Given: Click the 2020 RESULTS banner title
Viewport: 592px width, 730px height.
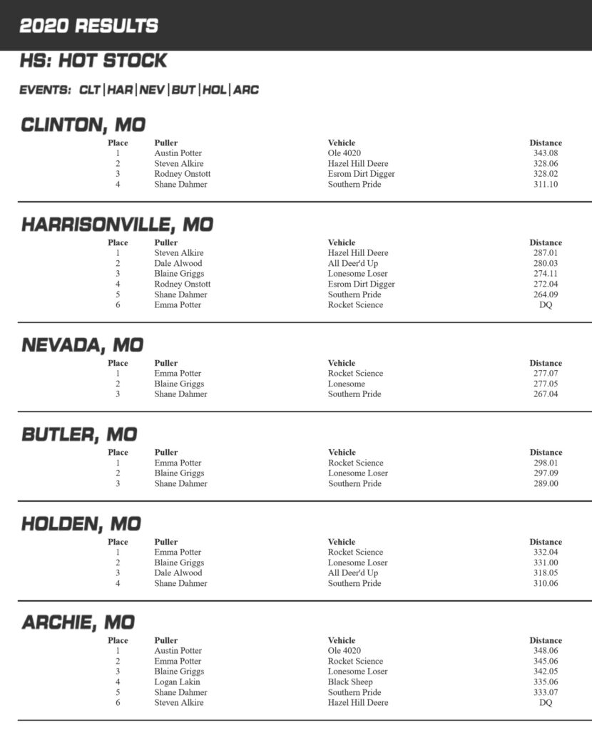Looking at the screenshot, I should point(88,26).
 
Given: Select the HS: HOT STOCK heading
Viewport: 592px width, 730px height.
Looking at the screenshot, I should point(93,61).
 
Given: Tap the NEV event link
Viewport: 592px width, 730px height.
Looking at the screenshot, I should point(152,91).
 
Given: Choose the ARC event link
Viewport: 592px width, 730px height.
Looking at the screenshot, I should point(246,91).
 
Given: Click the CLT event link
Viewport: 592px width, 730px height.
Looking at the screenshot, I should point(90,91).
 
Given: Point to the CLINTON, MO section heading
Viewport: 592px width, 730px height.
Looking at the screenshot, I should point(83,125).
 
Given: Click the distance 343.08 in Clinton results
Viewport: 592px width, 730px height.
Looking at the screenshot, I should point(546,153).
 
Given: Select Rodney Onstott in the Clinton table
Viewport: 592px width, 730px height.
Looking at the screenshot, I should point(182,174).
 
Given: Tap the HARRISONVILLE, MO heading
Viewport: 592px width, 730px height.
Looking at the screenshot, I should point(117,225).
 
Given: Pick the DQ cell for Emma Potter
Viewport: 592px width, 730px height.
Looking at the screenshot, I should point(546,305).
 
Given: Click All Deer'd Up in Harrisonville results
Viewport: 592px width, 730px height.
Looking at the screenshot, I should point(353,263).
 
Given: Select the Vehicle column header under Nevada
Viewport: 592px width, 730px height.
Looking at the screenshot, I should point(342,363).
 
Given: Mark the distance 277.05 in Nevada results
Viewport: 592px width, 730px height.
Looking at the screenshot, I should point(546,384).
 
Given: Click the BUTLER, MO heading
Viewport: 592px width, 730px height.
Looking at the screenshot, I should point(79,434).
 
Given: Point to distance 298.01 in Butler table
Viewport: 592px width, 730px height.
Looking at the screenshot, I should point(546,463).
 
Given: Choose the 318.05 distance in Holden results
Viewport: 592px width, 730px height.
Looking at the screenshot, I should point(546,572).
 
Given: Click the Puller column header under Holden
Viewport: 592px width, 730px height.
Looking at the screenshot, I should point(166,542).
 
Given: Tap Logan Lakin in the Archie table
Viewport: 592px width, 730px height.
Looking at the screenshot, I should point(177,682).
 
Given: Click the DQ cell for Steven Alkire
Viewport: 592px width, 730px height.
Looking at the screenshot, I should point(546,703).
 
